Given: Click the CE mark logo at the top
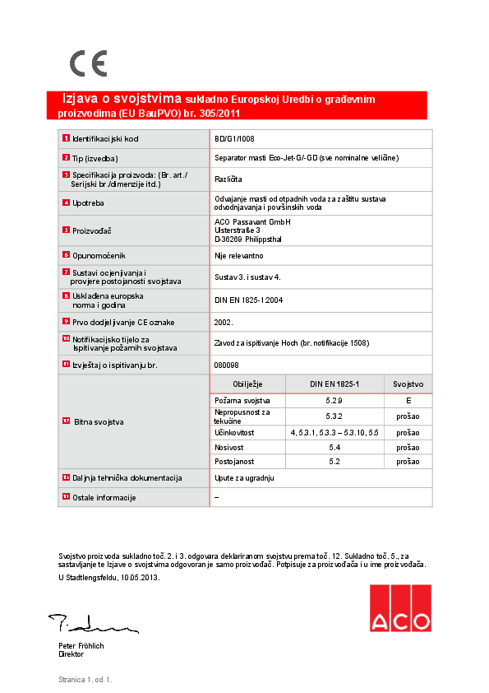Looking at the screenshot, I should click(88, 63).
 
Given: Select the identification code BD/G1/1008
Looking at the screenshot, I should click(234, 139).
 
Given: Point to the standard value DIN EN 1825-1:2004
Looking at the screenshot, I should click(248, 300).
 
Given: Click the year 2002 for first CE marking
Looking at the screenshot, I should click(224, 322).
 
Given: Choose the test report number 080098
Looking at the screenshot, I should click(227, 364).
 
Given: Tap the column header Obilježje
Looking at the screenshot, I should click(247, 384).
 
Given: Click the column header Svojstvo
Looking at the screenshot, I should click(408, 384).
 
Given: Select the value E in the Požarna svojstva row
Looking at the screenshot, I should click(408, 399).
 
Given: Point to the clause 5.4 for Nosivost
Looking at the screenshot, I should click(334, 447).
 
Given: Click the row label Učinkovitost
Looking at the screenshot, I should click(234, 431).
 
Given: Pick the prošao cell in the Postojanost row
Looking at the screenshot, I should click(408, 462).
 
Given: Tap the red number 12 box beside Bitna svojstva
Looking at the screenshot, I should click(66, 421).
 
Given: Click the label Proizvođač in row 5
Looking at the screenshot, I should click(91, 231).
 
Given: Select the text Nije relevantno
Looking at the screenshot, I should click(238, 257).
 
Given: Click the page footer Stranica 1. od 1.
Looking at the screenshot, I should click(85, 680).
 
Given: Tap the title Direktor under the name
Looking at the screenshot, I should click(72, 654).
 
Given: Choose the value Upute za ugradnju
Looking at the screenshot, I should click(244, 477).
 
